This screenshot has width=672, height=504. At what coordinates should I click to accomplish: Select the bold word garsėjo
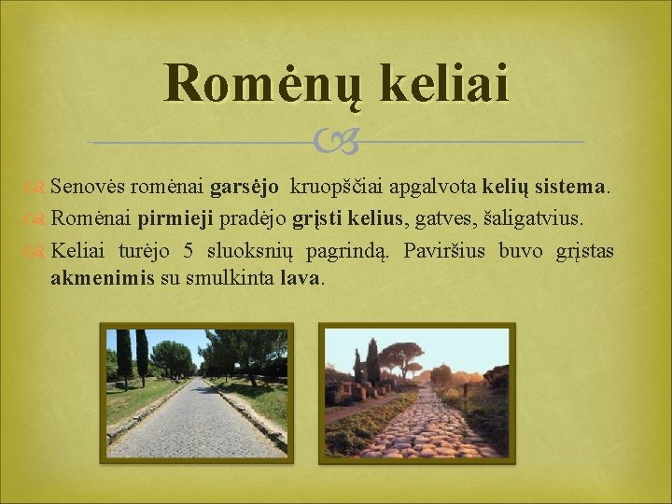pos(245,187)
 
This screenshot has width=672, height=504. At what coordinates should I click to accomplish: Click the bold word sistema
pos(571,187)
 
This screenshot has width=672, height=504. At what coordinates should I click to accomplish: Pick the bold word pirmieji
pos(175,218)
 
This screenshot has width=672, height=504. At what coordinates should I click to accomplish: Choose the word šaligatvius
pos(532,218)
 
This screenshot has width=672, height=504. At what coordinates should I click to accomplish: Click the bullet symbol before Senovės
pos(37,188)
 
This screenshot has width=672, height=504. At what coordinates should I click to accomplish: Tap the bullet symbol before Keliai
pos(37,251)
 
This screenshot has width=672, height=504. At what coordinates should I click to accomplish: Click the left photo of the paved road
pos(196,392)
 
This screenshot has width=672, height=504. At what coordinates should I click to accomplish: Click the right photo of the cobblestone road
pos(416,392)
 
